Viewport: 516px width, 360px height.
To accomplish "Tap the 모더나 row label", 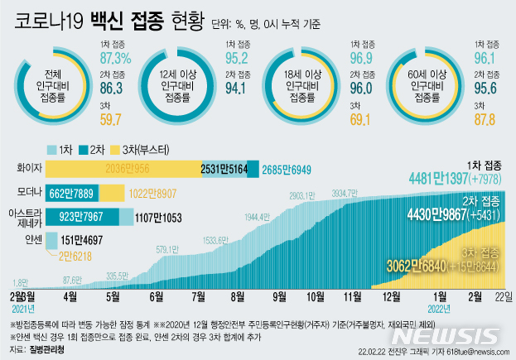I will pos(29,193).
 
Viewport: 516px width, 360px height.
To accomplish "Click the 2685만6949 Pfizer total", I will pos(287,169).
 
